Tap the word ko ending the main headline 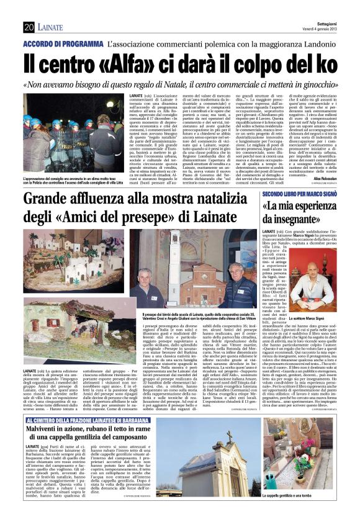[321, 65]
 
